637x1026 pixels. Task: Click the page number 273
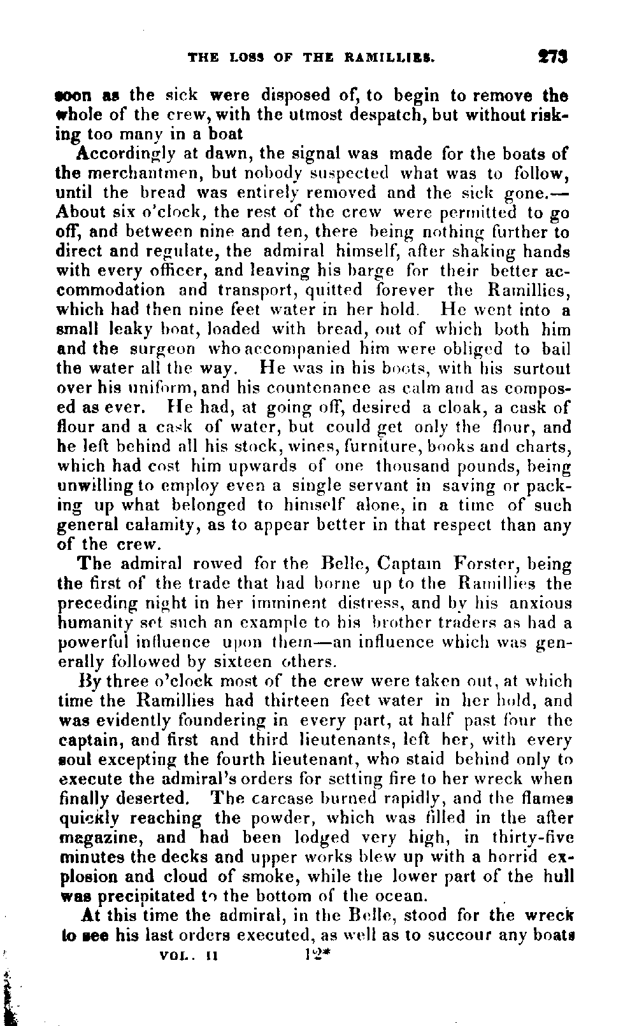(551, 57)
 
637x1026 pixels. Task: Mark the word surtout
(540, 369)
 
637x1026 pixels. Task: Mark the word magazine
(102, 838)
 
